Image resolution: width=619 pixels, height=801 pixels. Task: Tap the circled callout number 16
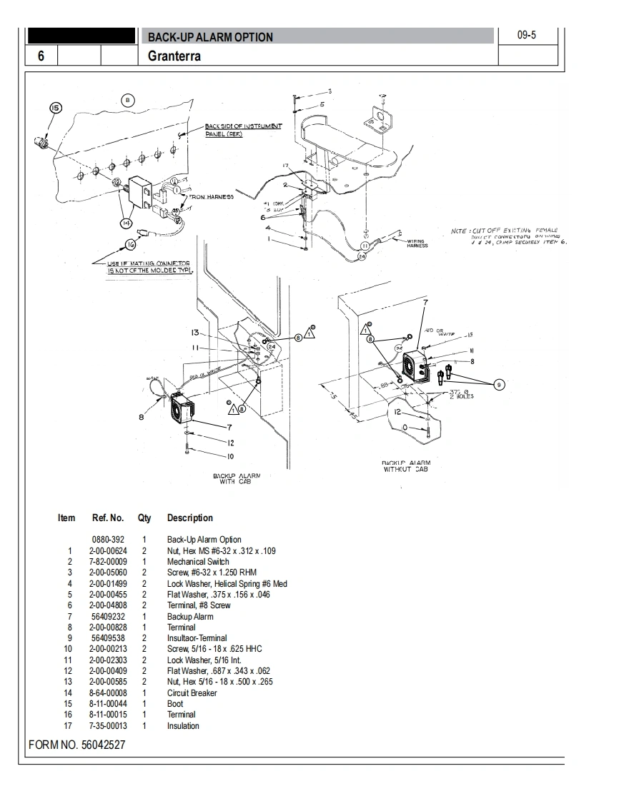click(x=130, y=245)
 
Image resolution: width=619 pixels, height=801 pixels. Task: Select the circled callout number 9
click(x=499, y=385)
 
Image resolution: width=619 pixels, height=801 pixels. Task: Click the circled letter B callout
click(x=127, y=100)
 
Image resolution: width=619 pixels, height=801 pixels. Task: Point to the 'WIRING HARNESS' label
click(x=417, y=244)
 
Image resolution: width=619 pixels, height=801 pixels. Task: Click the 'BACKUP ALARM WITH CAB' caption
click(x=236, y=478)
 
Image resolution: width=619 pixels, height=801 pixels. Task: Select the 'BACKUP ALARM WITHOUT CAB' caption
click(x=407, y=466)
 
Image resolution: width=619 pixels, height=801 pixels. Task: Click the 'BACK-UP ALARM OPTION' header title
click(x=210, y=37)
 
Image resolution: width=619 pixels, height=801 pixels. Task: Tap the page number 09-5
click(x=526, y=34)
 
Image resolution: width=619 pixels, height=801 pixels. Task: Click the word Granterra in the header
click(x=174, y=56)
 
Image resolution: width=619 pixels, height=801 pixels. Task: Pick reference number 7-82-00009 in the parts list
click(x=107, y=562)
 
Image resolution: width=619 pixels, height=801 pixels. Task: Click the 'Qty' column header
click(x=144, y=518)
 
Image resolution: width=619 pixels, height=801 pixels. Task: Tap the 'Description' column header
click(x=189, y=518)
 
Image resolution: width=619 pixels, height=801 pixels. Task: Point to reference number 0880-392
click(x=108, y=540)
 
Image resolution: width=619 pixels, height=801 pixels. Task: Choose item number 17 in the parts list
click(x=69, y=726)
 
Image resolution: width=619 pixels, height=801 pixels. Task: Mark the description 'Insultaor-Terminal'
click(x=197, y=638)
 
